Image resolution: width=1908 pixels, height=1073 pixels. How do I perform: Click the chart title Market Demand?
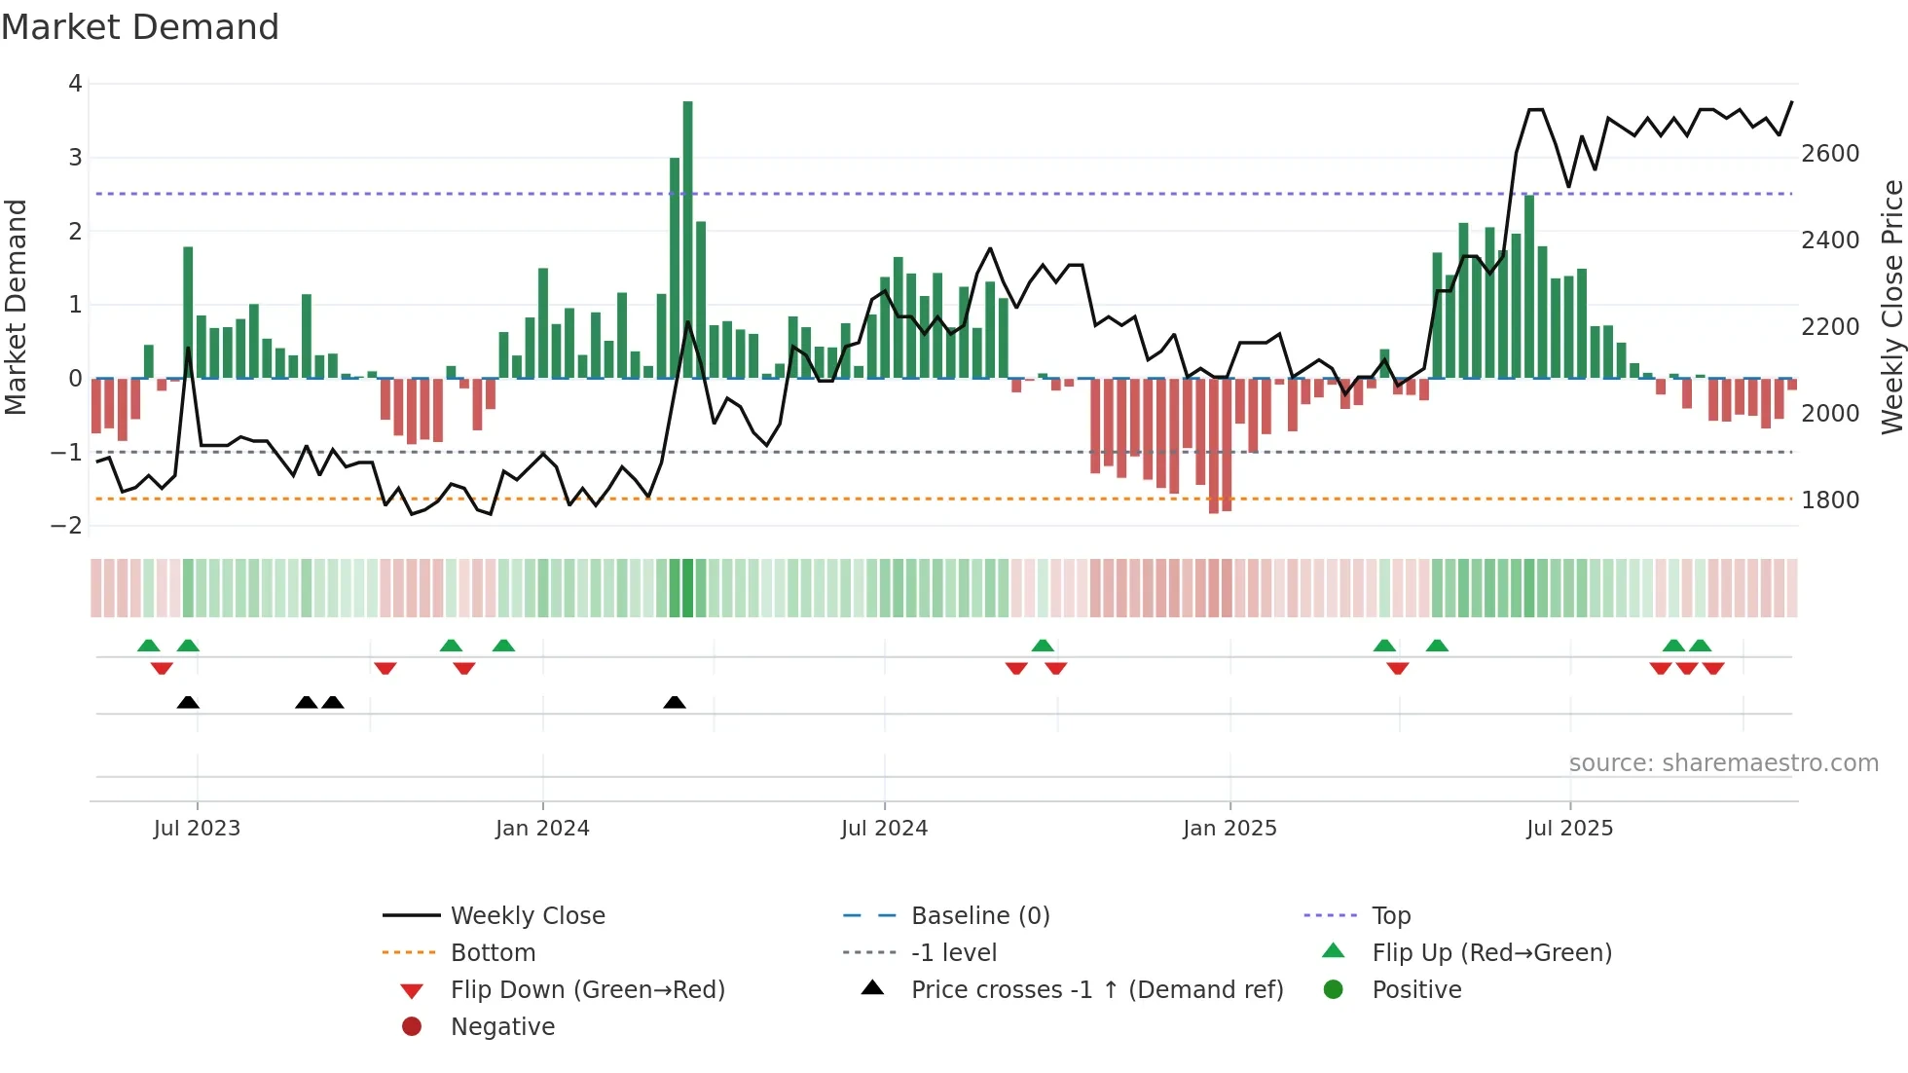(x=140, y=27)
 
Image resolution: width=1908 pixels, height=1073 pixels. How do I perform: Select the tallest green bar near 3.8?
(x=687, y=239)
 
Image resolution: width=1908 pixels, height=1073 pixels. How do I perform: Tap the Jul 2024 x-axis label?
(x=884, y=829)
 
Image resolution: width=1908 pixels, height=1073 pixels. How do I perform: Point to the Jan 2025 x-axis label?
(x=1229, y=829)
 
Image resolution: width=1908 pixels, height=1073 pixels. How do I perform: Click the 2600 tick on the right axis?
(x=1830, y=154)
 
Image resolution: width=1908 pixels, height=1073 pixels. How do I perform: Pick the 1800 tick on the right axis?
(x=1830, y=500)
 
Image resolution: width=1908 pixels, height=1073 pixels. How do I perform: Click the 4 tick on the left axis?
(x=75, y=84)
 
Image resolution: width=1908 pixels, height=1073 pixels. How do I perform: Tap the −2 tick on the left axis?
(x=67, y=526)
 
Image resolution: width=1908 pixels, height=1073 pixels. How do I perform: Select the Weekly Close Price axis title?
(x=1891, y=307)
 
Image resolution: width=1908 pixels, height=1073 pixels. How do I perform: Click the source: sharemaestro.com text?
(x=1723, y=763)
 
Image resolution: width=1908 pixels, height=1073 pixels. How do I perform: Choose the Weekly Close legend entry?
(x=527, y=916)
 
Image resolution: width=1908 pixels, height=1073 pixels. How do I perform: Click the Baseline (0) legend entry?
(x=979, y=916)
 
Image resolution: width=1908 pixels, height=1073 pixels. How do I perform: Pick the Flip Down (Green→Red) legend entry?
(x=587, y=990)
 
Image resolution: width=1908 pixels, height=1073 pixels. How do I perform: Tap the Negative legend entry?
(x=502, y=1027)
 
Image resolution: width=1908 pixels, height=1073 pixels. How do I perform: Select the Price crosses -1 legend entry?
(x=1096, y=990)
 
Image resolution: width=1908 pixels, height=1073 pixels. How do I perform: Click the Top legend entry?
(x=1390, y=916)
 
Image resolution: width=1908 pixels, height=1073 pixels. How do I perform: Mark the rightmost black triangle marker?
(x=675, y=703)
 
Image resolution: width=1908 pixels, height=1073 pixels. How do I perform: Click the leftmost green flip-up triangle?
(x=148, y=646)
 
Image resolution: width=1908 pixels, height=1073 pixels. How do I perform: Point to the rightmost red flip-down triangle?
(x=1713, y=668)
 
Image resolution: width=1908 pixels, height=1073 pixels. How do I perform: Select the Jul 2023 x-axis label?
(x=197, y=829)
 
